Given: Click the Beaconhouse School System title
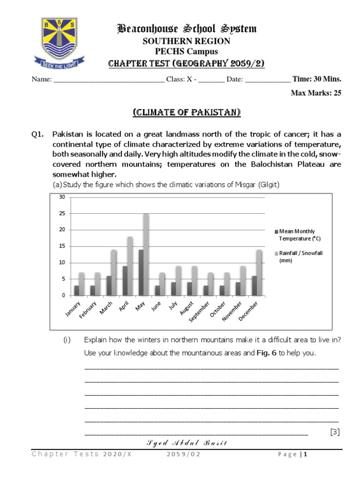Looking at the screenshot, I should coord(186,29).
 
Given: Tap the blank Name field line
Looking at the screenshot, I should coord(109,80).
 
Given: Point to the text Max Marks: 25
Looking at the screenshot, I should coord(316,93).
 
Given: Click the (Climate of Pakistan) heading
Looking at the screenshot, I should coord(187,112).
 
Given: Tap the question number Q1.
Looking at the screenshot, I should coord(37,134).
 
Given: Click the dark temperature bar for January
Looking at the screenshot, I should coord(76,291).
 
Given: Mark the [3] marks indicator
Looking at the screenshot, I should coord(335,432).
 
